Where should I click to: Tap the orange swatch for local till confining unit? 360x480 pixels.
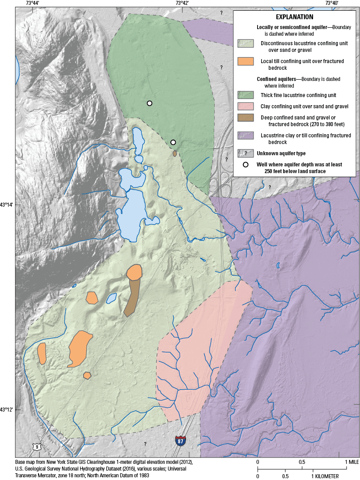[x=246, y=61]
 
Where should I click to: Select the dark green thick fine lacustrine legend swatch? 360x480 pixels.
[x=246, y=95]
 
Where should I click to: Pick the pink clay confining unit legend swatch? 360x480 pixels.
[x=246, y=106]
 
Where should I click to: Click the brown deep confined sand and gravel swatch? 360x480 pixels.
[x=246, y=118]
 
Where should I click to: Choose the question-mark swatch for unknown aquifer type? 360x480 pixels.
[x=246, y=153]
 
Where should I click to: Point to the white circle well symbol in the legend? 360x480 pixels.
[x=246, y=165]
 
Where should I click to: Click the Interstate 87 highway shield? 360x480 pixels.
[x=180, y=440]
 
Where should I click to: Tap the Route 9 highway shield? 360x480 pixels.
[x=35, y=446]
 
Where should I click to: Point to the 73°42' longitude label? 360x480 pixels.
[x=182, y=3]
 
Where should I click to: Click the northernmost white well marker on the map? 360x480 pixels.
[x=150, y=103]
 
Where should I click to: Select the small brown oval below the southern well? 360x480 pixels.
[x=174, y=153]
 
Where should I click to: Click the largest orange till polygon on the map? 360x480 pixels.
[x=80, y=348]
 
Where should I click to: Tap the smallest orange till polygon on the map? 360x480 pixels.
[x=87, y=375]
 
